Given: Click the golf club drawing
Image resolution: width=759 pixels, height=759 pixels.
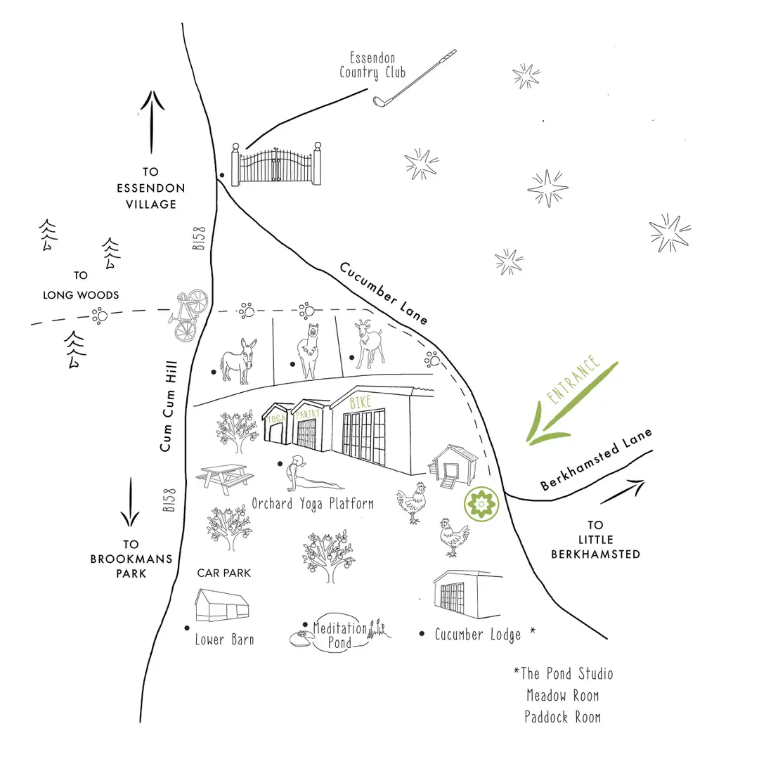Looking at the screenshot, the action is pyautogui.click(x=415, y=77).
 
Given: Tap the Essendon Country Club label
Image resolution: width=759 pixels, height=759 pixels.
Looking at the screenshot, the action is pyautogui.click(x=372, y=65).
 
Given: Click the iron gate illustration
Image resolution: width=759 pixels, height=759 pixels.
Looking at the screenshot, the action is pyautogui.click(x=276, y=165).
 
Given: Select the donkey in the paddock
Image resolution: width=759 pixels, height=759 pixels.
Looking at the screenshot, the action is pyautogui.click(x=238, y=361).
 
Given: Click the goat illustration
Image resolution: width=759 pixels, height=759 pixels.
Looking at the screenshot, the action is pyautogui.click(x=369, y=344).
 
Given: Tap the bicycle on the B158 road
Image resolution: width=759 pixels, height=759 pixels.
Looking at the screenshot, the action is pyautogui.click(x=188, y=315).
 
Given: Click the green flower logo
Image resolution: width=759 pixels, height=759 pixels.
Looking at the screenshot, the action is pyautogui.click(x=481, y=505).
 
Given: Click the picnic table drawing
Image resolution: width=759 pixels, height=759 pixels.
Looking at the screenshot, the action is pyautogui.click(x=225, y=479).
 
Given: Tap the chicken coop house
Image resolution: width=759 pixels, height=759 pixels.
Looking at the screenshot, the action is pyautogui.click(x=453, y=467).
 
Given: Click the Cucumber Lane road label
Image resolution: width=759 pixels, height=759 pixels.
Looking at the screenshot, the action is pyautogui.click(x=384, y=293).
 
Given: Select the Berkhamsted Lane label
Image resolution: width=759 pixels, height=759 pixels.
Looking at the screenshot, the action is pyautogui.click(x=596, y=460).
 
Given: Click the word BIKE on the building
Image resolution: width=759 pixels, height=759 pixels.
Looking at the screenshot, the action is pyautogui.click(x=361, y=402).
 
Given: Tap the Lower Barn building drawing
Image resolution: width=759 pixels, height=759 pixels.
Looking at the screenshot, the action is pyautogui.click(x=222, y=605).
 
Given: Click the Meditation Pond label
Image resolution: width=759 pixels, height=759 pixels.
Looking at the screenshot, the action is pyautogui.click(x=340, y=635).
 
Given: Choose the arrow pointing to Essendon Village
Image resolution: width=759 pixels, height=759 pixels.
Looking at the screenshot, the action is pyautogui.click(x=152, y=122).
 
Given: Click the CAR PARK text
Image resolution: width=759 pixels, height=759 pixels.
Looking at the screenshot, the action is pyautogui.click(x=223, y=573).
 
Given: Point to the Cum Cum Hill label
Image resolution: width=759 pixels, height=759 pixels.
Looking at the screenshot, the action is pyautogui.click(x=167, y=406).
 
